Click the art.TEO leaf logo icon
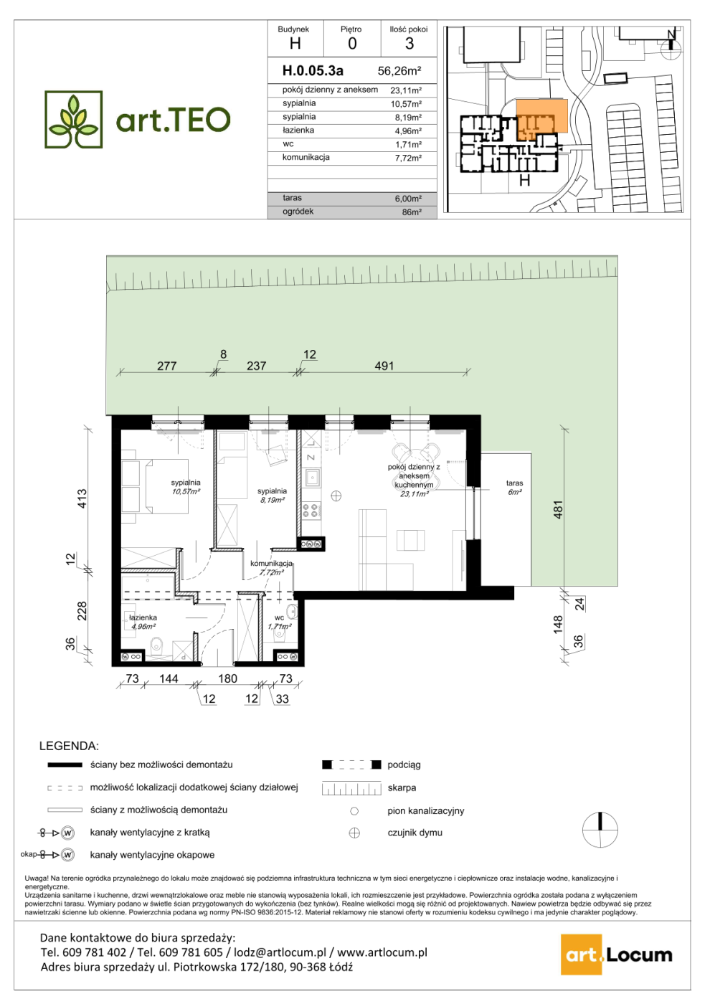pyautogui.click(x=73, y=120)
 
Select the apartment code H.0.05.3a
pyautogui.click(x=313, y=70)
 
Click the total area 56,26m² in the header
pyautogui.click(x=399, y=71)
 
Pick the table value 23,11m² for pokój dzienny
pyautogui.click(x=406, y=90)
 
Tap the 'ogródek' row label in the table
pyautogui.click(x=298, y=212)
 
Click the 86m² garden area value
pyautogui.click(x=412, y=212)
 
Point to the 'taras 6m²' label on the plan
pyautogui.click(x=515, y=487)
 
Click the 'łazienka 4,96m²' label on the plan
pyautogui.click(x=143, y=622)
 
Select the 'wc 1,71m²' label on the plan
pyautogui.click(x=280, y=622)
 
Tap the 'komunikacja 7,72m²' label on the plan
pyautogui.click(x=271, y=567)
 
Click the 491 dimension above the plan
pyautogui.click(x=384, y=366)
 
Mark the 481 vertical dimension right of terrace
pyautogui.click(x=558, y=509)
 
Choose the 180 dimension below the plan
pyautogui.click(x=228, y=678)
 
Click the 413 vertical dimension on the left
pyautogui.click(x=82, y=498)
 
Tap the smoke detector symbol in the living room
pyautogui.click(x=336, y=496)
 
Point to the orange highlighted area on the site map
pyautogui.click(x=542, y=116)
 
